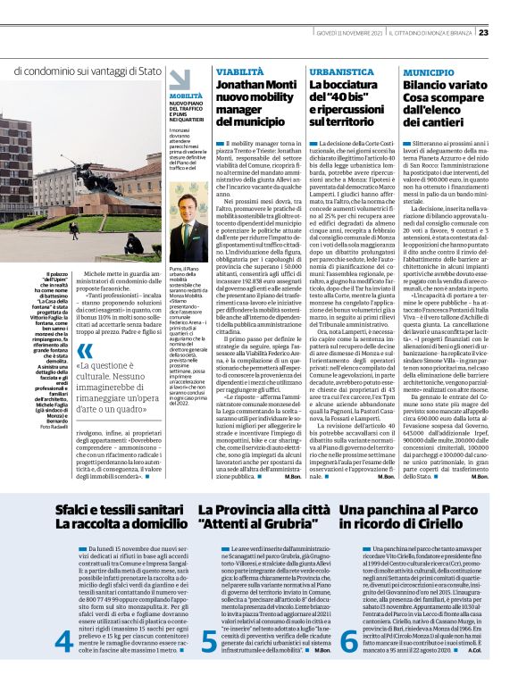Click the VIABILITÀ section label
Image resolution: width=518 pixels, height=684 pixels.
click(x=234, y=70)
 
